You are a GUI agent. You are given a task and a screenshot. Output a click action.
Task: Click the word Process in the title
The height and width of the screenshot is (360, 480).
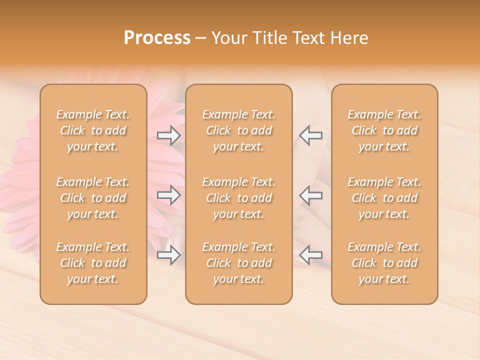pyautogui.click(x=157, y=38)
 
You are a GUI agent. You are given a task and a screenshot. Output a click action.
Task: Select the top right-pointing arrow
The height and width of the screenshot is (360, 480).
pyautogui.click(x=169, y=135)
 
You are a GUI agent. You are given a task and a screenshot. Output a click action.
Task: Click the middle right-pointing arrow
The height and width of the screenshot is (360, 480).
pyautogui.click(x=169, y=195)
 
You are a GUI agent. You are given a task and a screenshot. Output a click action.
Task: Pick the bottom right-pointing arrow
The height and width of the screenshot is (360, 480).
pyautogui.click(x=169, y=255)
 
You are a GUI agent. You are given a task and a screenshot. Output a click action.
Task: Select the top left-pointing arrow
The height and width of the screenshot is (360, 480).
pyautogui.click(x=310, y=135)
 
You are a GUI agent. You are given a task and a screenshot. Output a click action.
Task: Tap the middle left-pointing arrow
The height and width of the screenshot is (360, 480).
pyautogui.click(x=310, y=195)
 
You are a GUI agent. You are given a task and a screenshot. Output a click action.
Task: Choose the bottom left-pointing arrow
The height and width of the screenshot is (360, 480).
pyautogui.click(x=310, y=255)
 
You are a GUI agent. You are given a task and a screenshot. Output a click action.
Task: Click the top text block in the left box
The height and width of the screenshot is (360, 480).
pyautogui.click(x=93, y=130)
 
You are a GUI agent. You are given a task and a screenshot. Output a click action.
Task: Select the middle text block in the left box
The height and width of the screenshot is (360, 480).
pyautogui.click(x=93, y=198)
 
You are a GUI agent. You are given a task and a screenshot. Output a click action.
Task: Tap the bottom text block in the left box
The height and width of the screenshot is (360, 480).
pyautogui.click(x=93, y=263)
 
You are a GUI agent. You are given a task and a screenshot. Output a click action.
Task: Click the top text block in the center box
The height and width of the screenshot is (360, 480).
pyautogui.click(x=239, y=130)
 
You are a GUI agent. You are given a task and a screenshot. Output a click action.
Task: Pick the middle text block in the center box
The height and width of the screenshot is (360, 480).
pyautogui.click(x=239, y=198)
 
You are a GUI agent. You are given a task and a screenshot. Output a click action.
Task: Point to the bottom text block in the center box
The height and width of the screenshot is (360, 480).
pyautogui.click(x=239, y=263)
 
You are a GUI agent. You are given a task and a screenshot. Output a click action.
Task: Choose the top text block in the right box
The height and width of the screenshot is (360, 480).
pyautogui.click(x=384, y=130)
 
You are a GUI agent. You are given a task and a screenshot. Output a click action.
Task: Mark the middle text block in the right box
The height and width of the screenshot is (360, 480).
pyautogui.click(x=384, y=198)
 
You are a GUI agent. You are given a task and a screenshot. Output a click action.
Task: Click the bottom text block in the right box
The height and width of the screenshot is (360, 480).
pyautogui.click(x=384, y=263)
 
